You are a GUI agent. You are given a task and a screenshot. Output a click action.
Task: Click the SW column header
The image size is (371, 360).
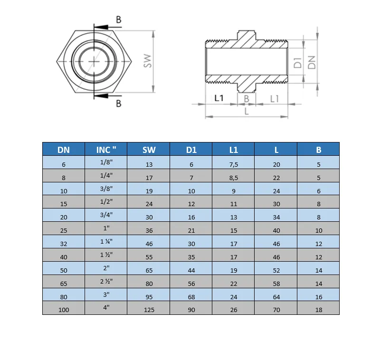149,150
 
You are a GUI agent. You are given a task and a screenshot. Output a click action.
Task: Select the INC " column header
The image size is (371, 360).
106,150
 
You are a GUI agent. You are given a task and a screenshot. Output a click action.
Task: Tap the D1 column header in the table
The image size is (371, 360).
191,150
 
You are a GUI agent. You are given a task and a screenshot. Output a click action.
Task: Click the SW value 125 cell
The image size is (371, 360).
149,310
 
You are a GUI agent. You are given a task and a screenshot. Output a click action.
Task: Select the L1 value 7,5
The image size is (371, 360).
233,164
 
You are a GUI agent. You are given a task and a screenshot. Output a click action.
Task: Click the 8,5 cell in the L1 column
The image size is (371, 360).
233,178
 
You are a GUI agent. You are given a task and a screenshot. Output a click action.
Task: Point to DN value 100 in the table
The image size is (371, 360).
64,310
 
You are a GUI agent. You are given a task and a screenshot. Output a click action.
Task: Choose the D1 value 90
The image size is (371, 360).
191,310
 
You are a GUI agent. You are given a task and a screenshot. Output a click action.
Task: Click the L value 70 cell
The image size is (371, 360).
276,310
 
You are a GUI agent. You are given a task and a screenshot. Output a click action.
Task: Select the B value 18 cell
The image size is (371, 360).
318,310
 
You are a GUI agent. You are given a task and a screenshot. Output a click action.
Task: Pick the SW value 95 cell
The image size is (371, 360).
149,297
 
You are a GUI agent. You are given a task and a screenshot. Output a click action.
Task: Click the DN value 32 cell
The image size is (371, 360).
64,244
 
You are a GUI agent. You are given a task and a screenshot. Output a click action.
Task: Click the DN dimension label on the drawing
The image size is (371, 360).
312,62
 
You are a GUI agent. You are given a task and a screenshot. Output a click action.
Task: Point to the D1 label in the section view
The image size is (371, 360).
297,62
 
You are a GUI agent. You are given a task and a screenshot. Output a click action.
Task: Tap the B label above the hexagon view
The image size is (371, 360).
118,20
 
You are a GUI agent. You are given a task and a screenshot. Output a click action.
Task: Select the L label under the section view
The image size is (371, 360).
246,112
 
